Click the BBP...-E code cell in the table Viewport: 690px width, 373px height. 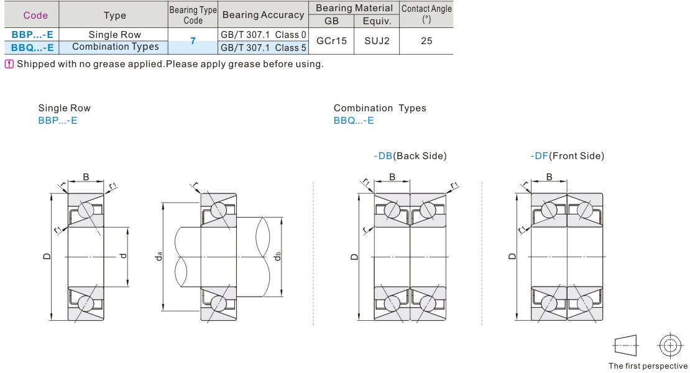[x=32, y=34]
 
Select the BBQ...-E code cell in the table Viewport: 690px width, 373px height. [x=32, y=47]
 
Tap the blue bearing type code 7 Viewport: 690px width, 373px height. [x=193, y=41]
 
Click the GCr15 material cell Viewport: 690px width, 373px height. [x=331, y=41]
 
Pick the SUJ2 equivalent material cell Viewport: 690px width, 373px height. [x=377, y=41]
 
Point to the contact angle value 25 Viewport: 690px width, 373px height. [x=426, y=41]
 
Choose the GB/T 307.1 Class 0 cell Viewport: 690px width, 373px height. [x=263, y=35]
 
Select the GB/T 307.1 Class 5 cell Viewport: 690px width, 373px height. [x=263, y=47]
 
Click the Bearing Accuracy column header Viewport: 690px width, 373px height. [x=263, y=15]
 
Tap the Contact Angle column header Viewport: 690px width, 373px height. [x=426, y=14]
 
